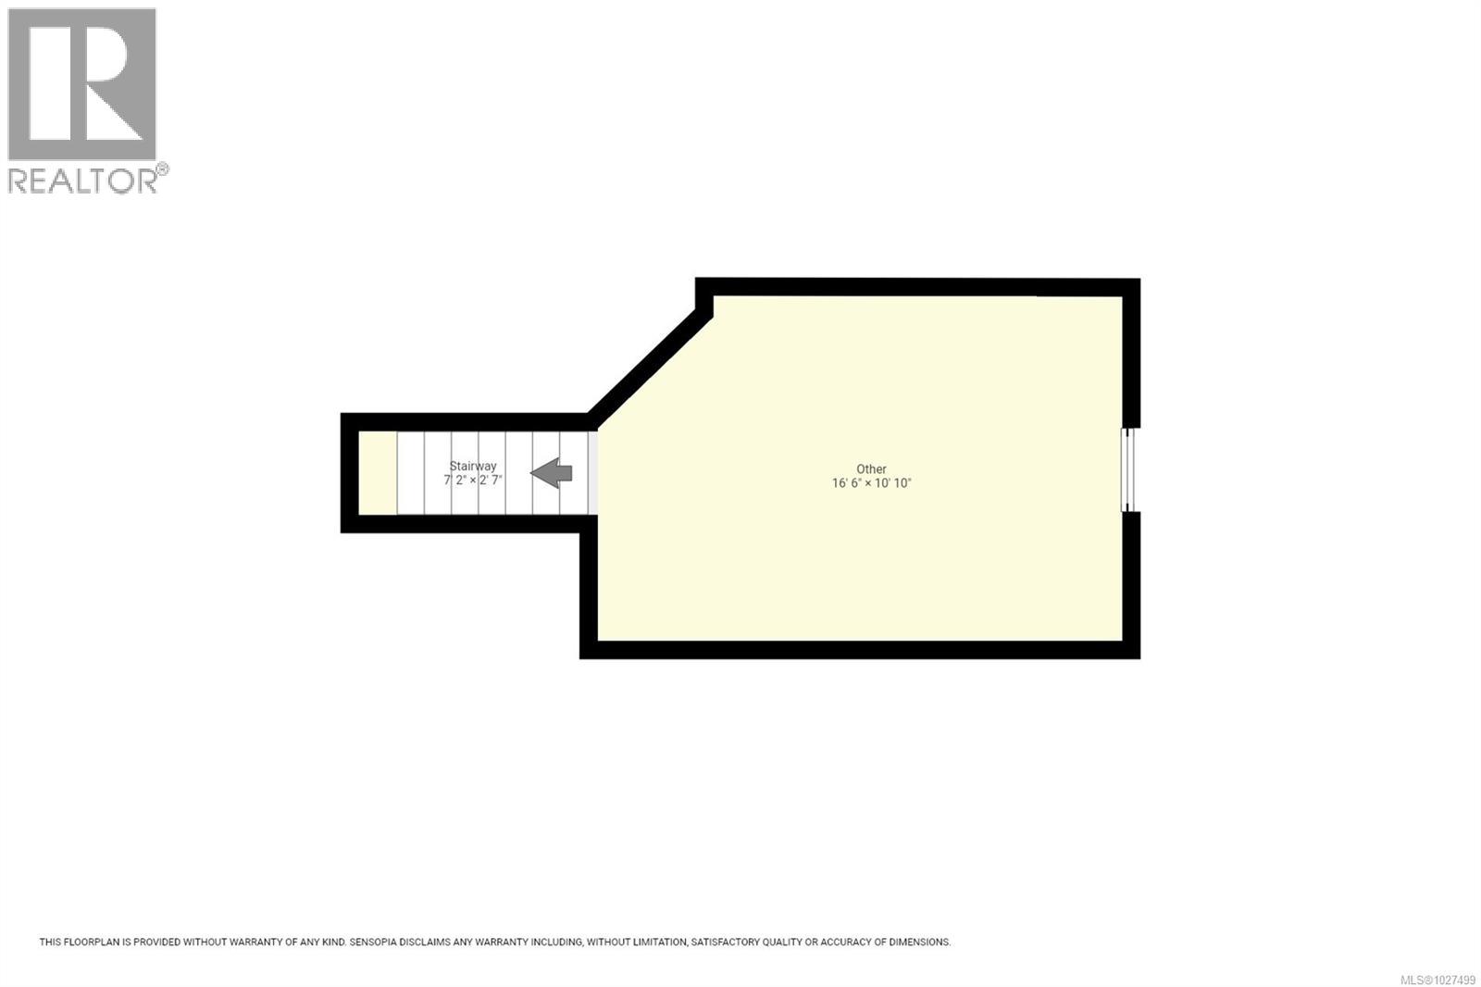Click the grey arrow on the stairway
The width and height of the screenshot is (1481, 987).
tap(552, 473)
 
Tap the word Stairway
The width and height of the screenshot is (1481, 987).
tap(473, 467)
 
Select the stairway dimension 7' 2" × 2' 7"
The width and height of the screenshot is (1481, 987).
tap(473, 481)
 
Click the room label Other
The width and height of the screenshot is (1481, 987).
tap(871, 469)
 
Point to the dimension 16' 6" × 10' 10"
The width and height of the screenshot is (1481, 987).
tap(871, 483)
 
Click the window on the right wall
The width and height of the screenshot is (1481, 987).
tap(1128, 469)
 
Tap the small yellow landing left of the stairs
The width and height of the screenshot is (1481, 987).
tap(378, 473)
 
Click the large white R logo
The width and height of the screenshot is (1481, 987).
tap(81, 84)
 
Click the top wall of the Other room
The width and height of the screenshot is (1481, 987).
tap(916, 287)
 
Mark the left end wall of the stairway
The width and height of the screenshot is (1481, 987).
tap(349, 473)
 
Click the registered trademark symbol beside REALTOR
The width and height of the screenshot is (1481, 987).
tap(162, 169)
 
